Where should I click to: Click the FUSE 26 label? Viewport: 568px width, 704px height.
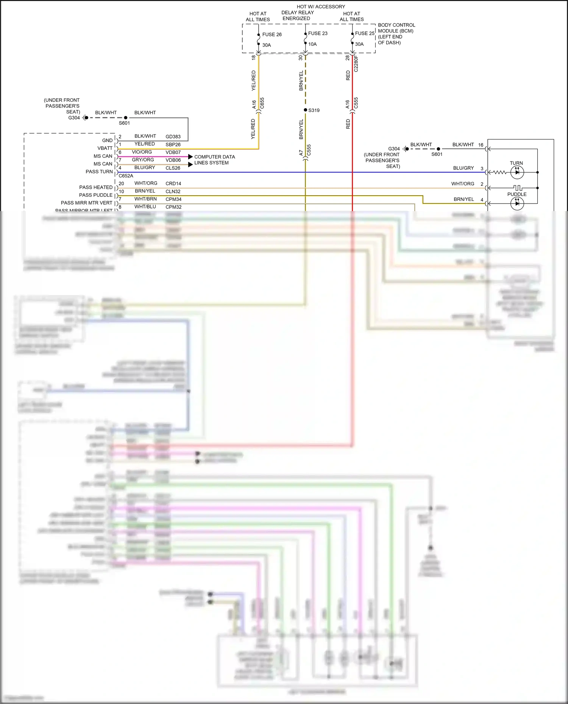click(272, 34)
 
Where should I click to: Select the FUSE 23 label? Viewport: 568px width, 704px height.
click(317, 33)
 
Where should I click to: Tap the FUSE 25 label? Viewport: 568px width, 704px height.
click(364, 33)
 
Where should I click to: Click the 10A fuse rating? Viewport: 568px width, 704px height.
click(312, 44)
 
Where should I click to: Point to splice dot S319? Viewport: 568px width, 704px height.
click(306, 110)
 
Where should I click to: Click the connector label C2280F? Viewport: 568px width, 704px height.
click(356, 63)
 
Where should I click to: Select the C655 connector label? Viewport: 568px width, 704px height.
click(262, 103)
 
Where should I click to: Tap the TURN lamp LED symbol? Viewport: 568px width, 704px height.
click(517, 172)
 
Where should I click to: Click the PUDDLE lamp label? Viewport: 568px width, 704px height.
click(517, 194)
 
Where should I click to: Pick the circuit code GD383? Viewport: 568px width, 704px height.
click(173, 137)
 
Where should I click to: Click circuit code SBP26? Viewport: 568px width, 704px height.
click(173, 145)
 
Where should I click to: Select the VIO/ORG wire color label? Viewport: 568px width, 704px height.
click(142, 152)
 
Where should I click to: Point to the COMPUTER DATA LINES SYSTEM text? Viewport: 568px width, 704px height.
click(214, 160)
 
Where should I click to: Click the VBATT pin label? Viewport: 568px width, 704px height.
click(105, 148)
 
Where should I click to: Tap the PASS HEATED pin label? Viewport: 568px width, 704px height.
click(96, 187)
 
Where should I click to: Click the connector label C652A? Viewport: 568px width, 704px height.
click(126, 176)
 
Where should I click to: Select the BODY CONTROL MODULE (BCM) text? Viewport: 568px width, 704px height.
click(396, 28)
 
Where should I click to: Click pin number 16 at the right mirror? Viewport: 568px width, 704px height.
click(481, 145)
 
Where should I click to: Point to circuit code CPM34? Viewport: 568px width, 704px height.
click(173, 199)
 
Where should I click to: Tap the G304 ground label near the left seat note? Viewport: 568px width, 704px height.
click(74, 118)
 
